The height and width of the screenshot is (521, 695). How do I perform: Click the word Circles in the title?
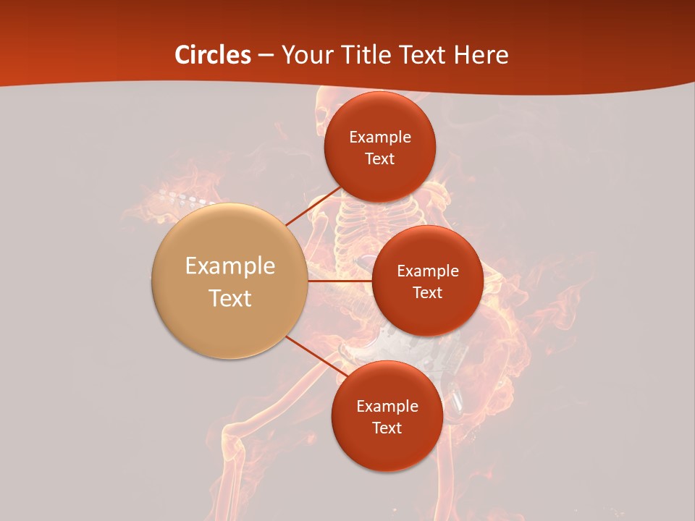pos(213,55)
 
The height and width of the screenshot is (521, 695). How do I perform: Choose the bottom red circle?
pos(387,449)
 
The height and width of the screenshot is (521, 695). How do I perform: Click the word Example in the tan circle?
pos(230,266)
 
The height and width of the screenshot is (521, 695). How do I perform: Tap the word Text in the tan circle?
pos(230,298)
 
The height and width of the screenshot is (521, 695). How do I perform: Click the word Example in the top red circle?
pos(380,137)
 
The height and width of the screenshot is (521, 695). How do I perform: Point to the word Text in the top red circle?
pos(380,158)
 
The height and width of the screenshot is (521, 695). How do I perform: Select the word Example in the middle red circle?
pos(428,271)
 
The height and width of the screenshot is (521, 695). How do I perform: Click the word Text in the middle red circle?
pos(428,292)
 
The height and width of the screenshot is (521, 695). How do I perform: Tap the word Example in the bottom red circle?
pos(387,407)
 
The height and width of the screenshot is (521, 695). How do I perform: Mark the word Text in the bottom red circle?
pos(387,428)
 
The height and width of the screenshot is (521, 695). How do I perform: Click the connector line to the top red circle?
pos(313,207)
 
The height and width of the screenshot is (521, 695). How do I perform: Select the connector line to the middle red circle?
pos(340,281)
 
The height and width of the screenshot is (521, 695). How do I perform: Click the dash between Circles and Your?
pos(266,56)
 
